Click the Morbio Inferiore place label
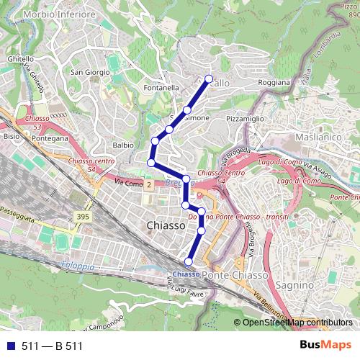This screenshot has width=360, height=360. tap(59, 14)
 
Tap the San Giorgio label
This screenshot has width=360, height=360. tap(89, 72)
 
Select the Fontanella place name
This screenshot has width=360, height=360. tap(161, 88)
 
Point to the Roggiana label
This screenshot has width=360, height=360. tap(274, 83)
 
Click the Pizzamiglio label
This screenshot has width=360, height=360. tap(245, 117)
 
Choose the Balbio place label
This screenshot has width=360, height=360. tap(123, 145)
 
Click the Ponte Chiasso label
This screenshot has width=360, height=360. tap(235, 275)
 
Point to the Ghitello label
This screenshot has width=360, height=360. tap(20, 58)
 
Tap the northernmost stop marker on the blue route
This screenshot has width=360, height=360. tap(209, 78)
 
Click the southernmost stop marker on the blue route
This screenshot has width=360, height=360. tap(189, 261)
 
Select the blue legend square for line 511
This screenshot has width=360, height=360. tap(10, 346)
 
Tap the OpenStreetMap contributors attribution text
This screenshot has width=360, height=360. tap(297, 323)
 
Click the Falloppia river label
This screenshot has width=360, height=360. tap(78, 266)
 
